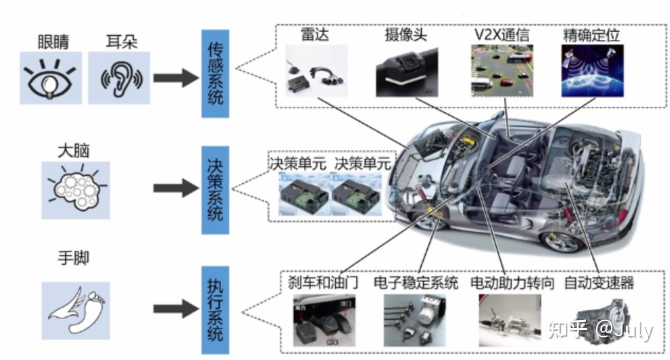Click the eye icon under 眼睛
click(51, 78)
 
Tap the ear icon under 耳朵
click(119, 78)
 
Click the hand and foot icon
click(76, 310)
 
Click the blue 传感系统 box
click(215, 74)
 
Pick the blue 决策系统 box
click(215, 190)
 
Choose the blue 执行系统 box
click(215, 310)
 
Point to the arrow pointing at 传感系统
click(175, 78)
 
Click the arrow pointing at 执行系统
click(175, 310)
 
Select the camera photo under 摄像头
click(407, 71)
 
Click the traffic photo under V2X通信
click(502, 70)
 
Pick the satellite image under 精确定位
click(592, 70)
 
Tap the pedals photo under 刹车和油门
click(322, 321)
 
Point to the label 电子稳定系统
click(415, 283)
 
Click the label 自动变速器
click(599, 283)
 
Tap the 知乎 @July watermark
click(600, 329)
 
